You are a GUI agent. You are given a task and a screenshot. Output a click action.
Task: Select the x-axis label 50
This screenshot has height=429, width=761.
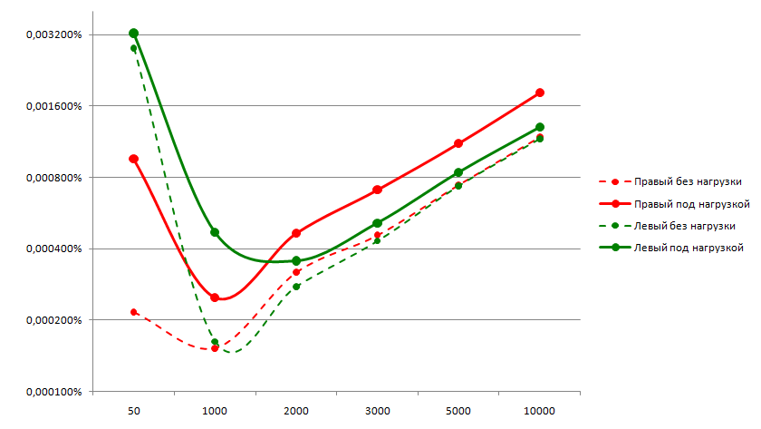coord(133,411)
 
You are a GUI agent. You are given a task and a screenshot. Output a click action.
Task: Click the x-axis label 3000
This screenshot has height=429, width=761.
coord(377,411)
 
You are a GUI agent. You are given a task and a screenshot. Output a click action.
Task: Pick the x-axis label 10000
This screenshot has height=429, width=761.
coord(540,411)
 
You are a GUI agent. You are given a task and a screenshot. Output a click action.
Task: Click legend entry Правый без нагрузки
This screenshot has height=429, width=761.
coord(689,180)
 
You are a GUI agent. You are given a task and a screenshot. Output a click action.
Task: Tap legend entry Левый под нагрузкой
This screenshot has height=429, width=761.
coord(688,247)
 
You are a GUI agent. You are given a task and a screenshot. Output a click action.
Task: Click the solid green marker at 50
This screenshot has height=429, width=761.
coord(133,34)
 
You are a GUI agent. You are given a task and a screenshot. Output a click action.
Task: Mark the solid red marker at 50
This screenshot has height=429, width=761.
coord(133,159)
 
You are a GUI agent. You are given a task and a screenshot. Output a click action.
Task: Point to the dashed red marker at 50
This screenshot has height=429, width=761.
coord(133,312)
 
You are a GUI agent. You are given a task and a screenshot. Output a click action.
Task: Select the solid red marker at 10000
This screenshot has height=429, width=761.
coord(540,93)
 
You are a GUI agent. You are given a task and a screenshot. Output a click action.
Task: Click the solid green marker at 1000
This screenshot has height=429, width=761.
coord(215,232)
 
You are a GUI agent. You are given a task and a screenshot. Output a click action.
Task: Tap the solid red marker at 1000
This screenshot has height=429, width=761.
coord(215,297)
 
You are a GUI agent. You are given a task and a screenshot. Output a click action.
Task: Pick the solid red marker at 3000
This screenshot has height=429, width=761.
coord(377,190)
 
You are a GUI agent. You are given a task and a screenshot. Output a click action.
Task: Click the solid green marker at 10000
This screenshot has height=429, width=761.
coord(540,127)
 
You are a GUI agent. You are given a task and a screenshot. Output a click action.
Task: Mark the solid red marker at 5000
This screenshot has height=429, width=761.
coord(458,143)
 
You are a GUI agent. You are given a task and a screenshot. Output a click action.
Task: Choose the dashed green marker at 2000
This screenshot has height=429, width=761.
coord(296,287)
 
